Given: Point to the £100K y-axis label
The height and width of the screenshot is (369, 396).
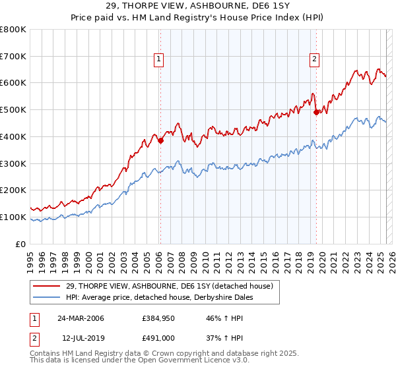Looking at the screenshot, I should [13, 217].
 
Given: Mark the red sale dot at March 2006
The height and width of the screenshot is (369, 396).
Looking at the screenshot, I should [160, 140].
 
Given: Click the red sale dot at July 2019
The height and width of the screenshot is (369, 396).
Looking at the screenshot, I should [316, 112].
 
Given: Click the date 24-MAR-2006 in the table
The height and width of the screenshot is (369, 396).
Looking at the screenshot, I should [81, 318].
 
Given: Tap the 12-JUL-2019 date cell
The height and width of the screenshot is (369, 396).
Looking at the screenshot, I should [80, 337].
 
